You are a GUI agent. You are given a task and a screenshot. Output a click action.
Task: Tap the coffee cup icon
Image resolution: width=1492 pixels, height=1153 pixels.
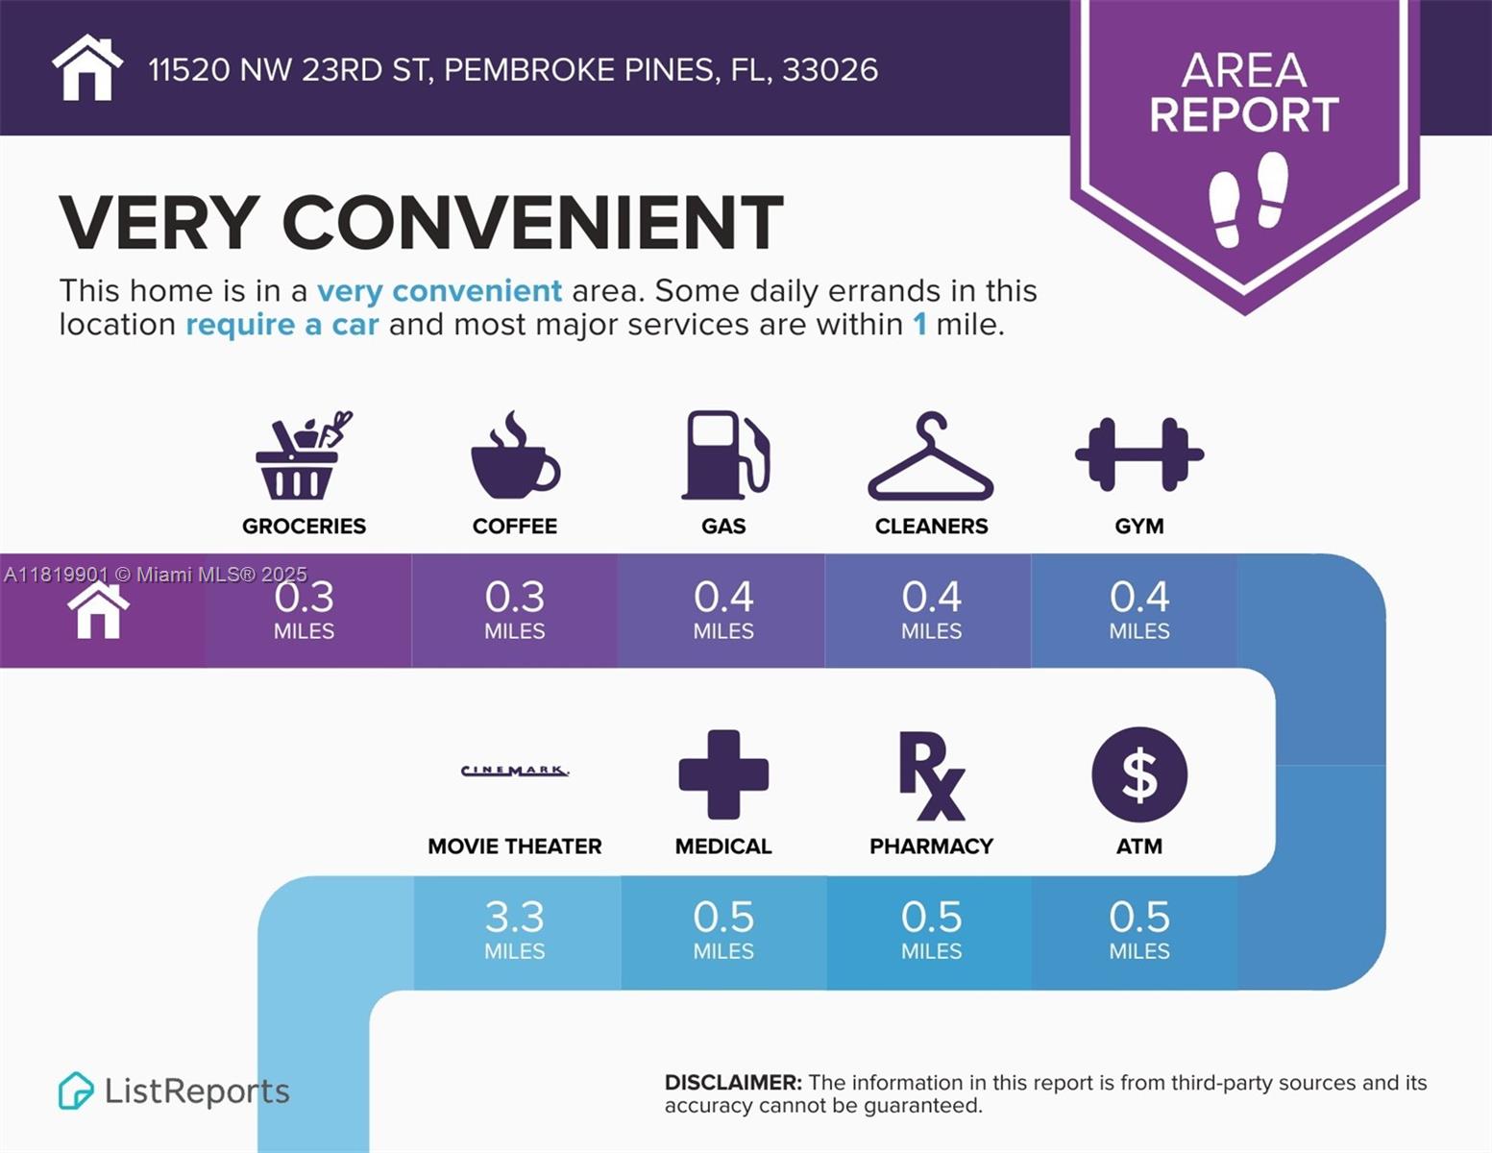(x=515, y=457)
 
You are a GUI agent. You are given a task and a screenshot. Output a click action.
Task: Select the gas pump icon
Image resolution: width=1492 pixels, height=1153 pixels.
(x=725, y=455)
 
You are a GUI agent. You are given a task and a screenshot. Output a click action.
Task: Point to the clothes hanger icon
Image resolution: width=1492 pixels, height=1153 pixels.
(x=930, y=458)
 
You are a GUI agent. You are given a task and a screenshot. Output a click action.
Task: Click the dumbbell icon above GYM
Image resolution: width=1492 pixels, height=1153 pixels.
(x=1139, y=454)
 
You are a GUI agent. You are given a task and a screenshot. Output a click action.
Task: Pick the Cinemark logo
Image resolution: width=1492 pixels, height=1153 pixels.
(x=515, y=771)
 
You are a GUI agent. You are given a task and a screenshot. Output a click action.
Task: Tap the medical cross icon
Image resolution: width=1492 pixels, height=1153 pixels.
(x=723, y=774)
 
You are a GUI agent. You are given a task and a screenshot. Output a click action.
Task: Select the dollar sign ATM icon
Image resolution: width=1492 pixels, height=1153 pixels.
(x=1139, y=774)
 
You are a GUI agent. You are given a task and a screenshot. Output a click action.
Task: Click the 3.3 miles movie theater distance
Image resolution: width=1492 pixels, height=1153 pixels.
(x=515, y=919)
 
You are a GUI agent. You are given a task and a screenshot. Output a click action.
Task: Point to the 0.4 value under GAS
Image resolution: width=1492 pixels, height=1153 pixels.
(x=723, y=598)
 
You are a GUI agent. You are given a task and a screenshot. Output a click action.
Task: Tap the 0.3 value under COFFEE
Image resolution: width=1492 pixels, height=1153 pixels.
(x=515, y=598)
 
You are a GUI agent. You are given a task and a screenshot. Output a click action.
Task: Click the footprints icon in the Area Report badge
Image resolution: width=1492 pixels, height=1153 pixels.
(x=1248, y=198)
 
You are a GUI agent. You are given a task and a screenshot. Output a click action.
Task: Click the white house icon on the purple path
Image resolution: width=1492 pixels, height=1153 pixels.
(x=98, y=611)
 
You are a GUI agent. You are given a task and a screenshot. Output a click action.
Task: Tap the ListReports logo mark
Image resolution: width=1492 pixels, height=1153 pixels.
(x=75, y=1091)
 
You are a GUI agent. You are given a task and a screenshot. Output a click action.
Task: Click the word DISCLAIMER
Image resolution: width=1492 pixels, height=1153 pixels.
(x=733, y=1083)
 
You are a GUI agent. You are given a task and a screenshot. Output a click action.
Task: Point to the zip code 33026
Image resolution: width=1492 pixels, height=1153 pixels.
(x=830, y=70)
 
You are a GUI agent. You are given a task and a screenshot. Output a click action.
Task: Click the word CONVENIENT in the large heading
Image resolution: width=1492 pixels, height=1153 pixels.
(x=532, y=223)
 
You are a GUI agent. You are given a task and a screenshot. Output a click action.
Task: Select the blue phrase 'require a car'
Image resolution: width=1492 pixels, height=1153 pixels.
(x=282, y=325)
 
